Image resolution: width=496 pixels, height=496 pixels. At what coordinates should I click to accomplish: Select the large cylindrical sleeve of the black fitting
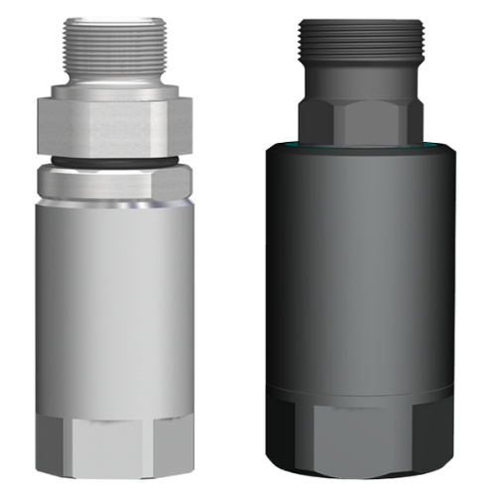(363, 268)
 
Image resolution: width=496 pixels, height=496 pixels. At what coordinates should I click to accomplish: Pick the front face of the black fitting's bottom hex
(363, 436)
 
